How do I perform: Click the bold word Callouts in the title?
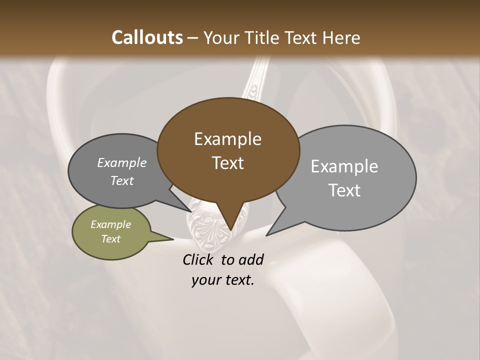147,37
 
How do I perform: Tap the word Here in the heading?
342,37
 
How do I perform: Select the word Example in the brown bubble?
227,139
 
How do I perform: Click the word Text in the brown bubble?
227,163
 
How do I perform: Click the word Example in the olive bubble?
110,224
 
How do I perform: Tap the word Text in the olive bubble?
110,239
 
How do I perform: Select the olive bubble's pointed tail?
170,238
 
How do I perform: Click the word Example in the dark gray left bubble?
122,162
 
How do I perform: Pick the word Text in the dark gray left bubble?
122,180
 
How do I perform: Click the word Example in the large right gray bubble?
344,166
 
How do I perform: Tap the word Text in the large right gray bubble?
344,190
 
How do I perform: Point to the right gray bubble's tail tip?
267,234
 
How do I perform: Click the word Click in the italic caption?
198,259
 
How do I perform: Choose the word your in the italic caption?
205,280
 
